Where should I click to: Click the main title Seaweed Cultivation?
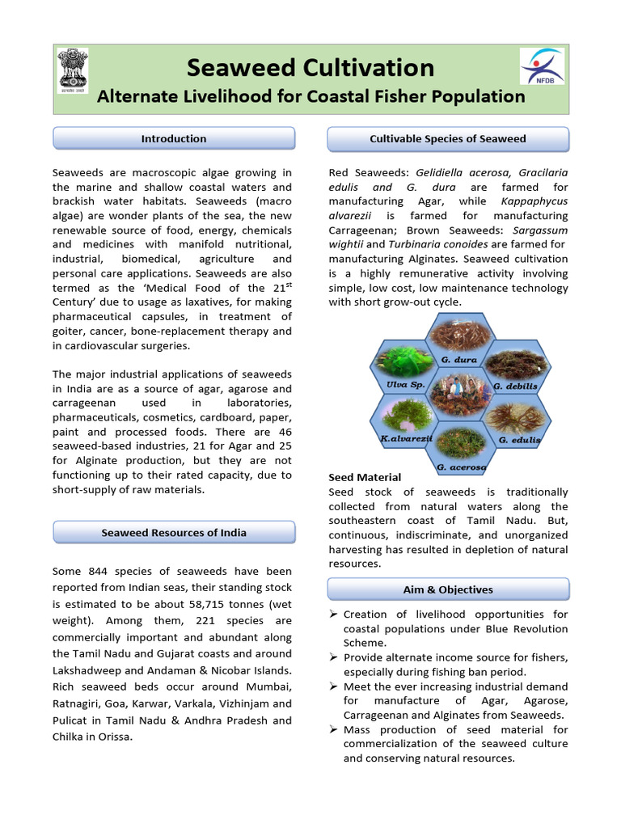point(310,67)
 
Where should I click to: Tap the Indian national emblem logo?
point(73,71)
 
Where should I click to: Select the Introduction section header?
point(174,138)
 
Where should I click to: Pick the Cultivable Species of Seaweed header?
point(448,138)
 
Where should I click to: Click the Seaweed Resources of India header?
point(174,533)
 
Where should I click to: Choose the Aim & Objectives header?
point(448,589)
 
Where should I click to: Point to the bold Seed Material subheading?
point(365,478)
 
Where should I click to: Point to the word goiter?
point(69,332)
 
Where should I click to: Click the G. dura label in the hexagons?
point(459,359)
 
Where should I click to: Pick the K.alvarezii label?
point(406,438)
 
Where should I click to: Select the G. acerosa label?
point(461,467)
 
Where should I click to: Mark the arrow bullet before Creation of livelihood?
point(333,615)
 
